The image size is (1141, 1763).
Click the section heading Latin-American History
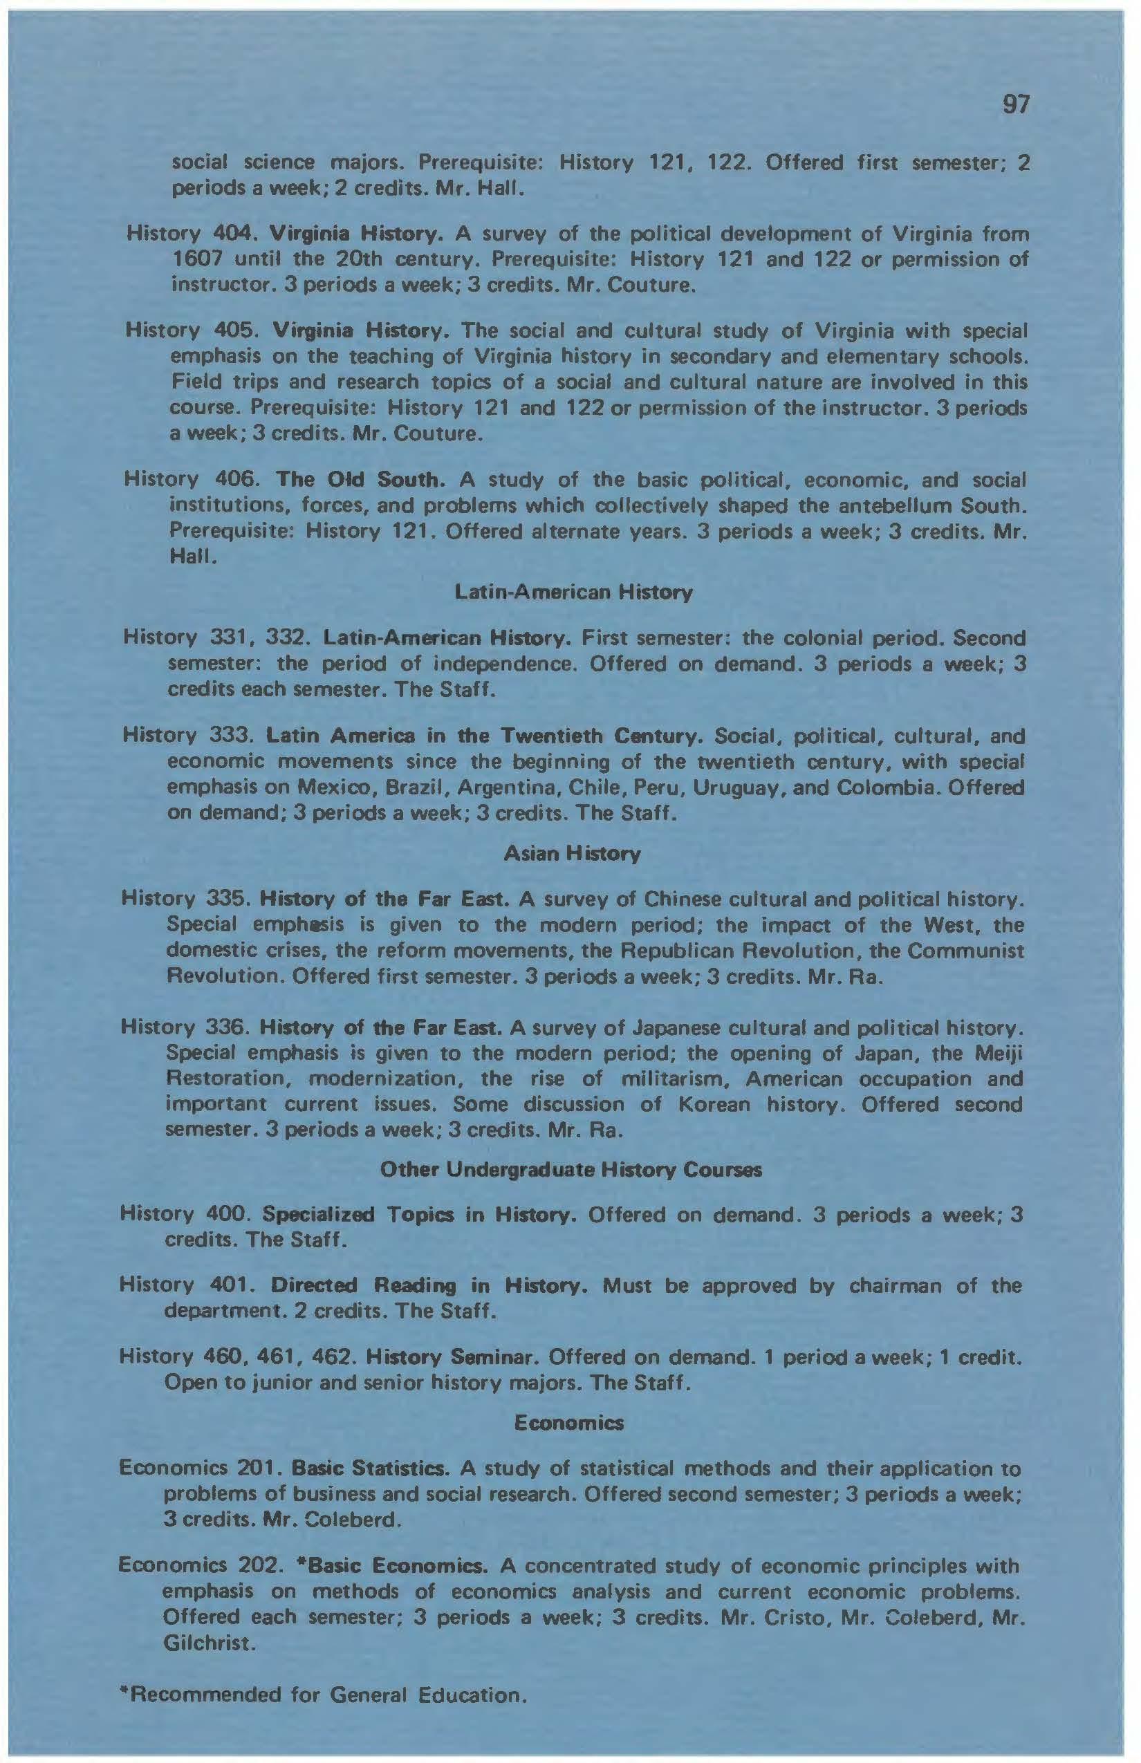pos(573,593)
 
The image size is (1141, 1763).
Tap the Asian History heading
pos(572,854)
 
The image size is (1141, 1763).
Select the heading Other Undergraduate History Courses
pos(570,1170)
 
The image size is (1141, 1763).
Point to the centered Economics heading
pos(569,1423)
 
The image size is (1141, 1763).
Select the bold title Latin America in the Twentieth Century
pos(483,736)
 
